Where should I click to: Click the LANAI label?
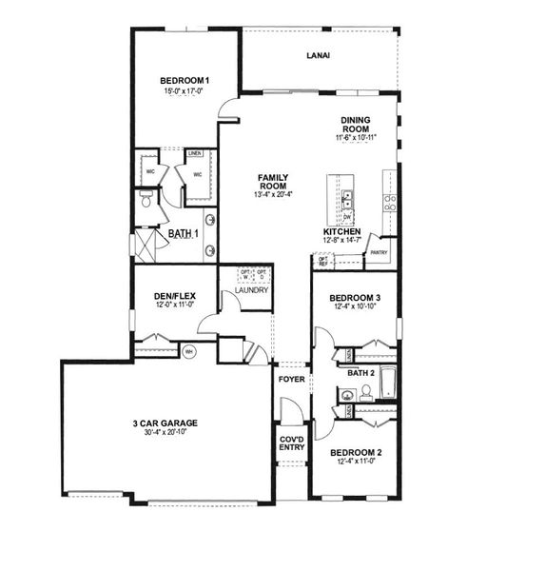coord(318,56)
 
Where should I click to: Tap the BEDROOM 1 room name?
coord(183,80)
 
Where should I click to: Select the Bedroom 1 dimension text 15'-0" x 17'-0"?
coord(183,92)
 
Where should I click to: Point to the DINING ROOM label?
coord(356,125)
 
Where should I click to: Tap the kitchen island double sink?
coord(349,199)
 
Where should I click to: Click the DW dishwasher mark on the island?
coord(349,217)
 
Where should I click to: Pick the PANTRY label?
coord(379,253)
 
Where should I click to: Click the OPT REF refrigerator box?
coord(323,260)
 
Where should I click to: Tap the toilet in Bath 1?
coord(144,200)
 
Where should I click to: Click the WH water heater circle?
coord(188,350)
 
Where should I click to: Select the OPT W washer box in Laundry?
coord(244,275)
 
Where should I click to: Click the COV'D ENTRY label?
coord(291,443)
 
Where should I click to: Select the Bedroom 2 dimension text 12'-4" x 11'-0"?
coord(356,463)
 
